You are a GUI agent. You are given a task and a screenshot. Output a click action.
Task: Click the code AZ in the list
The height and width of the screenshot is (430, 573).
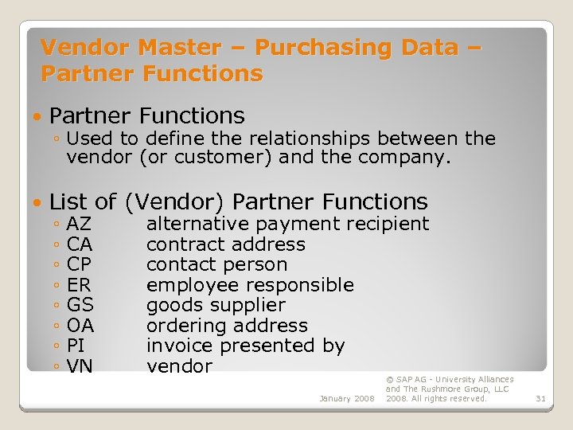(x=80, y=225)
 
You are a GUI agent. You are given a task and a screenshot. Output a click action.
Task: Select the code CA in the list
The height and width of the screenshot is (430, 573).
(x=80, y=244)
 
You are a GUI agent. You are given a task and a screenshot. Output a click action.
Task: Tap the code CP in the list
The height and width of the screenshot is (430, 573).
(x=80, y=265)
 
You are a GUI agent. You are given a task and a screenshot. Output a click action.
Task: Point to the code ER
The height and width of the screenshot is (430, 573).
(x=79, y=285)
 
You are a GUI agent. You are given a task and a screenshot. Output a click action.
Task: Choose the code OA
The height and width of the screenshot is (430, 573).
(x=80, y=326)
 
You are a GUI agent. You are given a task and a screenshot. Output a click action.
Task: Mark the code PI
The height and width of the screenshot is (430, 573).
(x=76, y=346)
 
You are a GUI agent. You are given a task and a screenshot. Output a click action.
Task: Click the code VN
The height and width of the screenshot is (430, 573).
(x=80, y=366)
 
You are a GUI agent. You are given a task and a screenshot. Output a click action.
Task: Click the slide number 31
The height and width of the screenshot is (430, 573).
(x=540, y=398)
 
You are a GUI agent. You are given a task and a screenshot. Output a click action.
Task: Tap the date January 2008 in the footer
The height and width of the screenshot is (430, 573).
(x=346, y=398)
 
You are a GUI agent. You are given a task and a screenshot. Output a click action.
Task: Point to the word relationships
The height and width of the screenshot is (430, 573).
(x=315, y=139)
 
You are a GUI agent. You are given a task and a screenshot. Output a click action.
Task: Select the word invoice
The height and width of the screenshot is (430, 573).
(x=180, y=346)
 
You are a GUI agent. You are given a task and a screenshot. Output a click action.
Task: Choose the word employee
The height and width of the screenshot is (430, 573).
(x=181, y=285)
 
